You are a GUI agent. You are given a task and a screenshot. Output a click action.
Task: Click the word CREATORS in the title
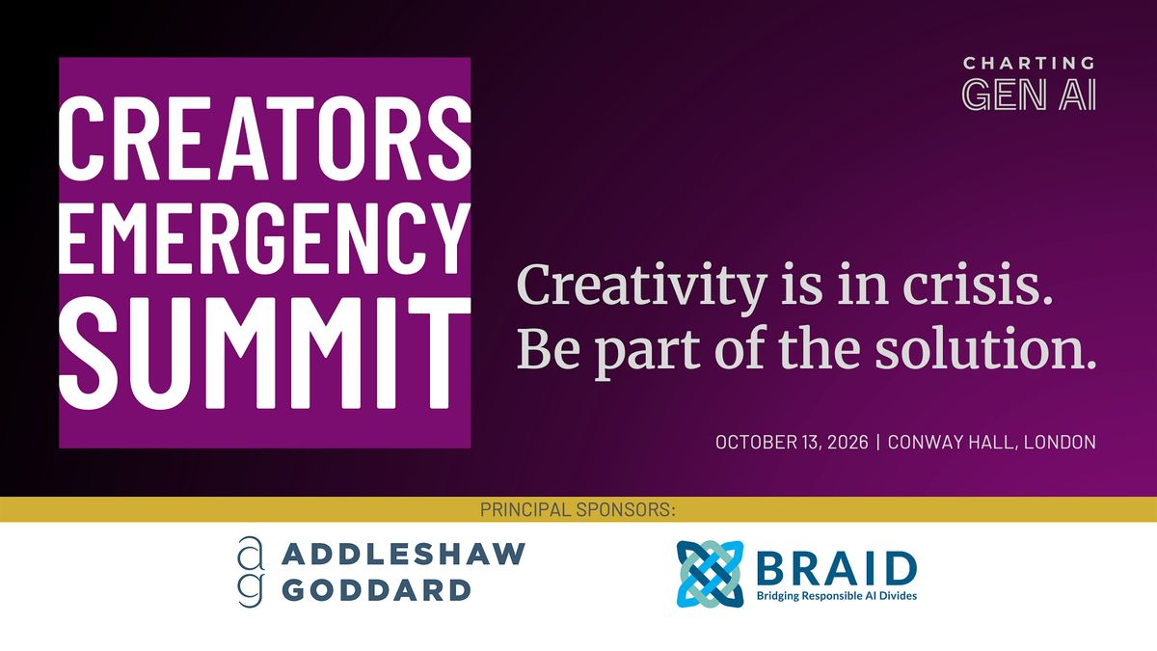tap(265, 139)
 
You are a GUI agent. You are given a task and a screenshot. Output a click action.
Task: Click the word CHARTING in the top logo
tap(1029, 64)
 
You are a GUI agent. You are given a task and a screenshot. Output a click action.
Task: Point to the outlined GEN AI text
tap(1029, 95)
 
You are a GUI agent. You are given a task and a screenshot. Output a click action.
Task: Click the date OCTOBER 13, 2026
tap(792, 443)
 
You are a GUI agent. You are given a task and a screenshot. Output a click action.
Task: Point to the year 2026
tap(848, 443)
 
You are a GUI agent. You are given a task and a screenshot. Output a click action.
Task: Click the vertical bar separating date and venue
tap(878, 443)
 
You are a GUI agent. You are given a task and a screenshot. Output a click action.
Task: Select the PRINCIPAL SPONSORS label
tap(578, 510)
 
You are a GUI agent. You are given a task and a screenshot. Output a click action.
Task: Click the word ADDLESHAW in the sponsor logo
tap(404, 554)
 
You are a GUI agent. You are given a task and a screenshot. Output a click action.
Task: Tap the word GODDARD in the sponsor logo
tap(377, 590)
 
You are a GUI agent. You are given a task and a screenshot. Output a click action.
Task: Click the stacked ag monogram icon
tap(252, 571)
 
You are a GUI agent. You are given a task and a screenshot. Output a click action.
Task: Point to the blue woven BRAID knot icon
tap(711, 574)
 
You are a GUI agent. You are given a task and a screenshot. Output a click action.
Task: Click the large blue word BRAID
tap(836, 568)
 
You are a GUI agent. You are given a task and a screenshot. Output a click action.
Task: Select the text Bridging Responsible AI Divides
tap(837, 596)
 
